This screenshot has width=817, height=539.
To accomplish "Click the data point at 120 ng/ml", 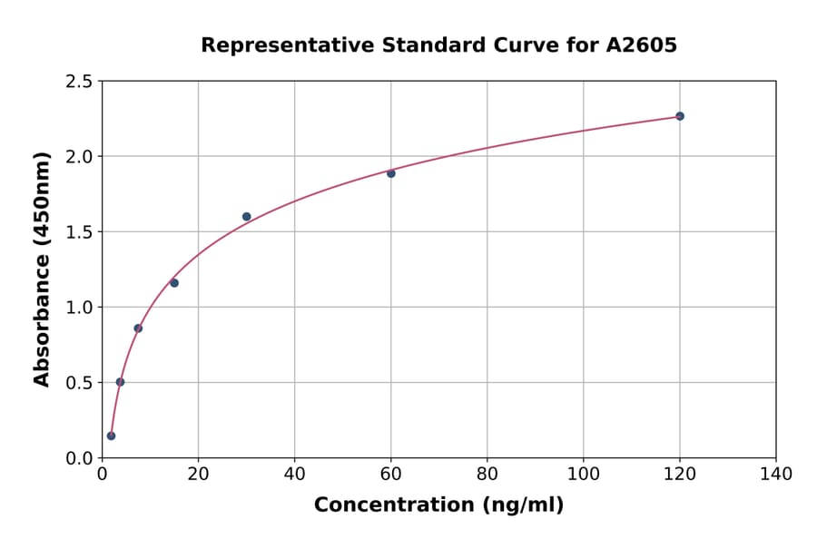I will point(680,116).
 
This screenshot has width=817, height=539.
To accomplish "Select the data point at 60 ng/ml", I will point(391,173).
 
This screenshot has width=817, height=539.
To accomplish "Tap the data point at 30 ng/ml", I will point(247,217).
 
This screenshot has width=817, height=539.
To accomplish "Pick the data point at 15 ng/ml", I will point(174,283).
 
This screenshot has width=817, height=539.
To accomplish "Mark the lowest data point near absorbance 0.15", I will point(111,436).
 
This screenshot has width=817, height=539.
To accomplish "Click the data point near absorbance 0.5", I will point(120,382).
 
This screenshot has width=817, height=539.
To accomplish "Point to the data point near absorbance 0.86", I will point(138,328).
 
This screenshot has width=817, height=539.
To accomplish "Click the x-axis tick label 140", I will point(776,474).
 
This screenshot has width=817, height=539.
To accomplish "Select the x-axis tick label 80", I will point(487,474).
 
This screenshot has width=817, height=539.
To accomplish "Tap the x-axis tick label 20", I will point(198,474).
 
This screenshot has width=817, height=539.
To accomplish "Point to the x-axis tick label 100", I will point(584,474).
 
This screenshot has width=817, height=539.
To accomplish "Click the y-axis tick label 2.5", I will point(78,82).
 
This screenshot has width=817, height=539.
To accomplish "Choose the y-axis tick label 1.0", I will point(78,308).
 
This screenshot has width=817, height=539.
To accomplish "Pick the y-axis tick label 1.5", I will point(78,232).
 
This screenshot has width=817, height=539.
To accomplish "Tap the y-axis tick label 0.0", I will point(78,458).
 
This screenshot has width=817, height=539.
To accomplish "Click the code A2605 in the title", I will point(642,45).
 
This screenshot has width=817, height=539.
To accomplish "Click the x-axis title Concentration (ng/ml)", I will point(438,505).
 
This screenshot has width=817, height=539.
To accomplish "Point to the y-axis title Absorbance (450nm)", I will point(42,269).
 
